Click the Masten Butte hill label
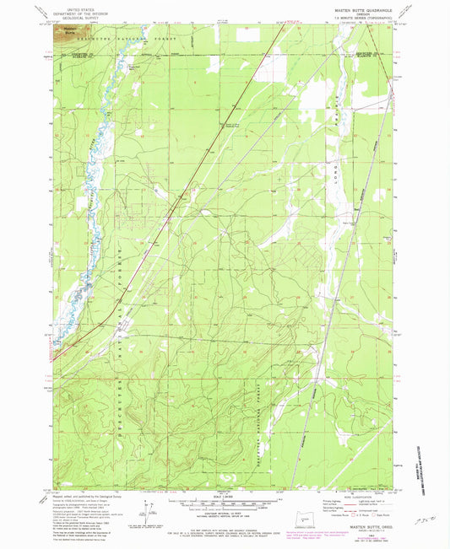62,33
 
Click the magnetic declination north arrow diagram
149,510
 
